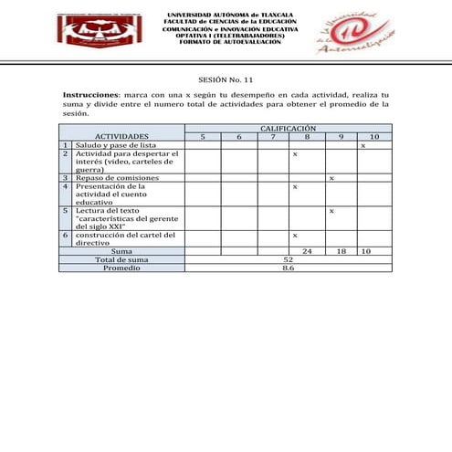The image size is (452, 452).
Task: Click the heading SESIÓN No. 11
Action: pyautogui.click(x=226, y=79)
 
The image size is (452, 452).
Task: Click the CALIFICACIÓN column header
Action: pyautogui.click(x=288, y=129)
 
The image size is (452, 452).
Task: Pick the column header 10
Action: pyautogui.click(x=373, y=136)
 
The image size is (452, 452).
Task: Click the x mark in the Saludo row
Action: pyautogui.click(x=363, y=145)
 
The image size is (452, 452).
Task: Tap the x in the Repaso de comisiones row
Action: pyautogui.click(x=331, y=177)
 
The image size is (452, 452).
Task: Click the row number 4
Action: pyautogui.click(x=66, y=186)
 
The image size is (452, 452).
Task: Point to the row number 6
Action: pyautogui.click(x=66, y=235)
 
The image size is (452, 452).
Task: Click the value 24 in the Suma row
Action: pyautogui.click(x=307, y=250)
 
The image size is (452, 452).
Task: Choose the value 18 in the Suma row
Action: pyautogui.click(x=341, y=250)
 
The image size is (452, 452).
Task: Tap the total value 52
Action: pyautogui.click(x=288, y=259)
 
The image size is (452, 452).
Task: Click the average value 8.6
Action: pyautogui.click(x=288, y=268)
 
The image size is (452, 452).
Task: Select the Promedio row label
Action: pyautogui.click(x=121, y=268)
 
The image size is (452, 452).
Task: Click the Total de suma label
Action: pyautogui.click(x=121, y=259)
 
